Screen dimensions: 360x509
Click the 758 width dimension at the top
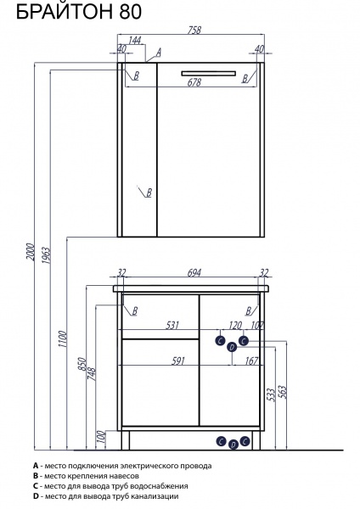[194, 31]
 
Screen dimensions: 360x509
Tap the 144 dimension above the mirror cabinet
[134, 40]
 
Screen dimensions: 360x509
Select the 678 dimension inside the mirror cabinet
[194, 82]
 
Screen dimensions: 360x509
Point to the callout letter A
[159, 53]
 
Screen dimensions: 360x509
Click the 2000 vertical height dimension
[31, 252]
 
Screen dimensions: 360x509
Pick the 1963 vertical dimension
[47, 255]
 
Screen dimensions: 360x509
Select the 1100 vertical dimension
[62, 339]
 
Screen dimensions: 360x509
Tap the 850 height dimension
[82, 364]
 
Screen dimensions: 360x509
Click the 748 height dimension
[92, 373]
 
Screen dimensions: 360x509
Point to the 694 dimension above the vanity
[194, 272]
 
